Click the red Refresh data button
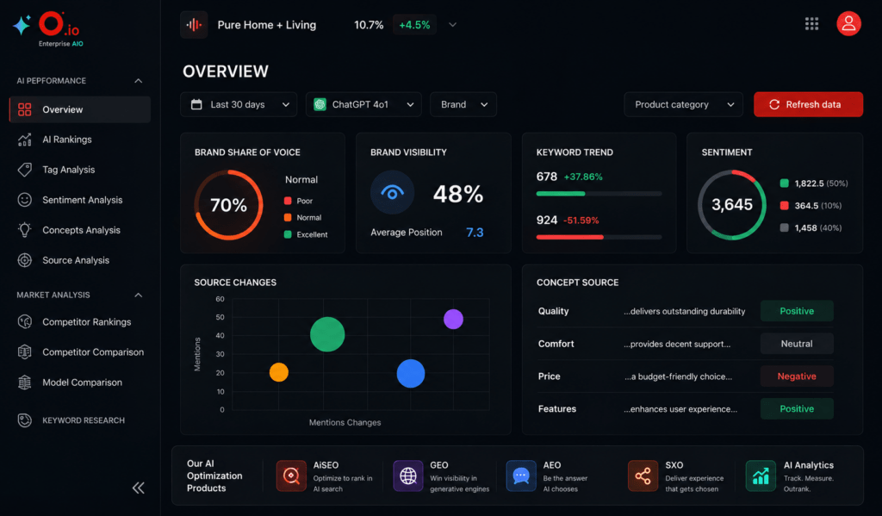click(808, 104)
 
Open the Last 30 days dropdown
click(239, 104)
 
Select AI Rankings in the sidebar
click(67, 140)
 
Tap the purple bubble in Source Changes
click(453, 319)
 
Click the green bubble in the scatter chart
click(327, 334)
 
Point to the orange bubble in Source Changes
click(279, 372)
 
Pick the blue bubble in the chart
click(411, 373)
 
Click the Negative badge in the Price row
click(797, 376)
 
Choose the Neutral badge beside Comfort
click(797, 344)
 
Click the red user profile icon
click(848, 23)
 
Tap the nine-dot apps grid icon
click(811, 23)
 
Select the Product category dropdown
click(683, 104)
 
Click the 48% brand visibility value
click(458, 194)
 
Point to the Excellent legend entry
click(306, 234)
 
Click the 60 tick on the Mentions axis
click(220, 299)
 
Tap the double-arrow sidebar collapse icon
click(139, 488)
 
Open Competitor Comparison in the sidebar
click(93, 352)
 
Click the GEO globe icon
click(407, 476)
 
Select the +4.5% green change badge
click(414, 25)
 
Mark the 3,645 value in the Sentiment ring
click(732, 204)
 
